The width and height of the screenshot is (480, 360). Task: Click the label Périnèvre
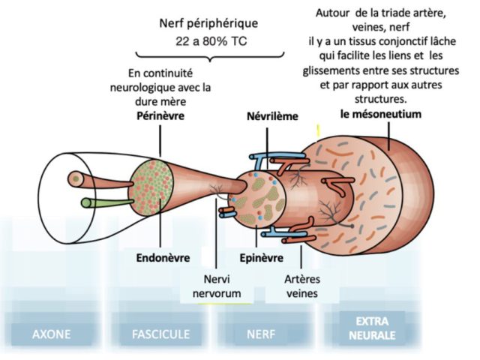[x=160, y=116]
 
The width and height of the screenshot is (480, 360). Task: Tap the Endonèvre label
[x=163, y=258]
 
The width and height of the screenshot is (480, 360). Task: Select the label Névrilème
[x=272, y=116]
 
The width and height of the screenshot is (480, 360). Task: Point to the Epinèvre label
[x=262, y=258]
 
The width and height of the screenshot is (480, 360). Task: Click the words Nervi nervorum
[x=217, y=286]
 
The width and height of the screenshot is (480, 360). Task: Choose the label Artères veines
[x=302, y=286]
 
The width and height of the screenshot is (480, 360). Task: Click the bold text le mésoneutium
[x=381, y=114]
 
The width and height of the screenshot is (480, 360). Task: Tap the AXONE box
[x=52, y=334]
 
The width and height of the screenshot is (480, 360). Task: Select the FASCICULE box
[x=160, y=334]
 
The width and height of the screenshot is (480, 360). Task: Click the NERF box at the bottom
[x=261, y=334]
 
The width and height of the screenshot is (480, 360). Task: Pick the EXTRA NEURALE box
[x=372, y=328]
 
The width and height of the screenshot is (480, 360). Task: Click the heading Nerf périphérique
[x=208, y=23]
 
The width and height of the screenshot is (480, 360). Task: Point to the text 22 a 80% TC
[x=211, y=41]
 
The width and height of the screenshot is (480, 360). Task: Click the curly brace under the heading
[x=210, y=57]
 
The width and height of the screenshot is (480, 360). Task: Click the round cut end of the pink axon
[x=75, y=178]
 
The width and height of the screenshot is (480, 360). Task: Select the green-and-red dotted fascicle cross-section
[x=151, y=186]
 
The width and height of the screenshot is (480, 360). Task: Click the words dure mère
[x=160, y=101]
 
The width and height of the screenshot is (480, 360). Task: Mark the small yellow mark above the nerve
[x=318, y=130]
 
